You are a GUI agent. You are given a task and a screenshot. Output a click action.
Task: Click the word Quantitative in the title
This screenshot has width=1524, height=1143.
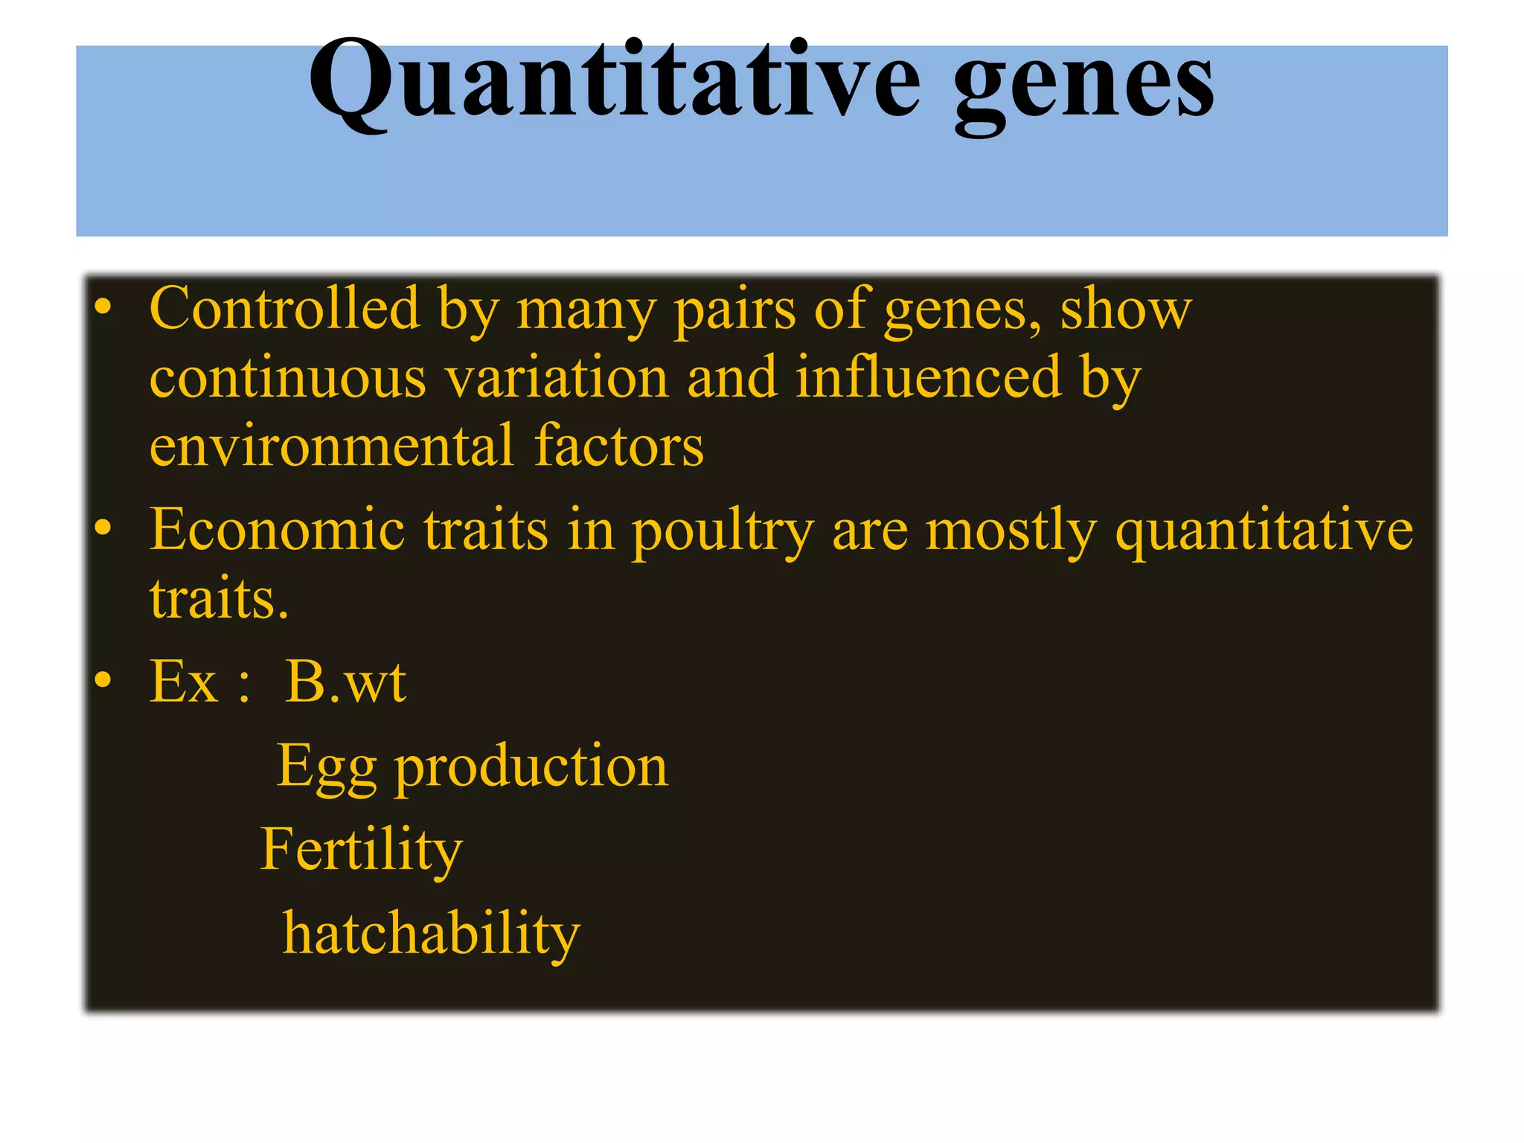[x=615, y=80]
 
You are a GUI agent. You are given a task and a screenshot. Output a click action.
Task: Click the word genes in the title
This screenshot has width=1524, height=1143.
[x=1083, y=83]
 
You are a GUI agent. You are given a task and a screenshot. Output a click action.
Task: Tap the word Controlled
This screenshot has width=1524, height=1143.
[x=285, y=308]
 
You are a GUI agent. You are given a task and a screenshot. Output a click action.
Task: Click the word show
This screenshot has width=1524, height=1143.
[x=1125, y=308]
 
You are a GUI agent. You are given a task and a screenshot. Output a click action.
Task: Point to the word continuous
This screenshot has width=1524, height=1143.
[x=288, y=378]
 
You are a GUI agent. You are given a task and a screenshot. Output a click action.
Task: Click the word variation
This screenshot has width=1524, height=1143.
[x=558, y=378]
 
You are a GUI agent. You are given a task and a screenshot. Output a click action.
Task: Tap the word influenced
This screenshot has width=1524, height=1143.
[x=928, y=377]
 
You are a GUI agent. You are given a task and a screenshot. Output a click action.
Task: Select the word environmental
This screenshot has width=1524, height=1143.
[x=331, y=446]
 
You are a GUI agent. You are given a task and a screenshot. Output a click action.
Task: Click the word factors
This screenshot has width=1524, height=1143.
[x=618, y=446]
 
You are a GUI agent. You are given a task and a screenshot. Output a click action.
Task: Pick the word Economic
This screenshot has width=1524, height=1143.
[x=277, y=530]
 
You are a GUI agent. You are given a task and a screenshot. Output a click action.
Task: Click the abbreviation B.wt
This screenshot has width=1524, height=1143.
[x=345, y=682]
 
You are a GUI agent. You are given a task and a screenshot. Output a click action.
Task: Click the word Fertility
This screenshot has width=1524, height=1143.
[x=362, y=850]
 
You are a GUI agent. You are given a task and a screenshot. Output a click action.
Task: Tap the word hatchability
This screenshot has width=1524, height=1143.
[x=431, y=934]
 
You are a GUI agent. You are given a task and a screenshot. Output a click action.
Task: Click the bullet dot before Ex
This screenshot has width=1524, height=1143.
[x=103, y=679]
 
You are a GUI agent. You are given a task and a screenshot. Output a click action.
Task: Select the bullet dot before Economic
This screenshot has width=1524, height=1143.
[x=103, y=527]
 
